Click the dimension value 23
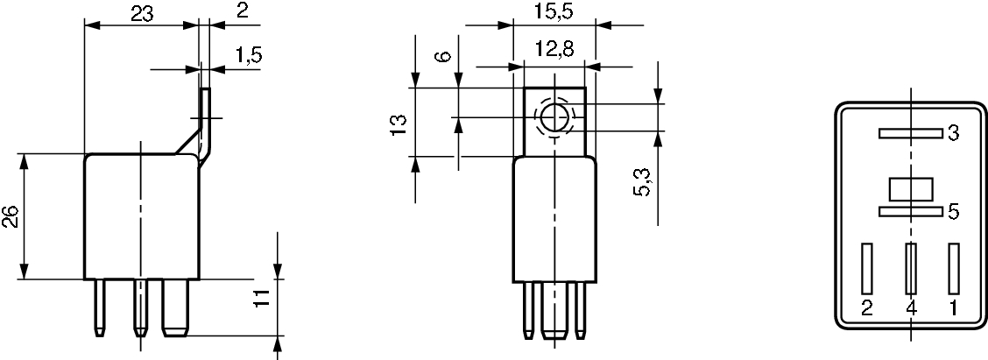(143, 14)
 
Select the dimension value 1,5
(248, 55)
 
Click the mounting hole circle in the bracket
(554, 117)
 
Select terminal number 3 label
(953, 134)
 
